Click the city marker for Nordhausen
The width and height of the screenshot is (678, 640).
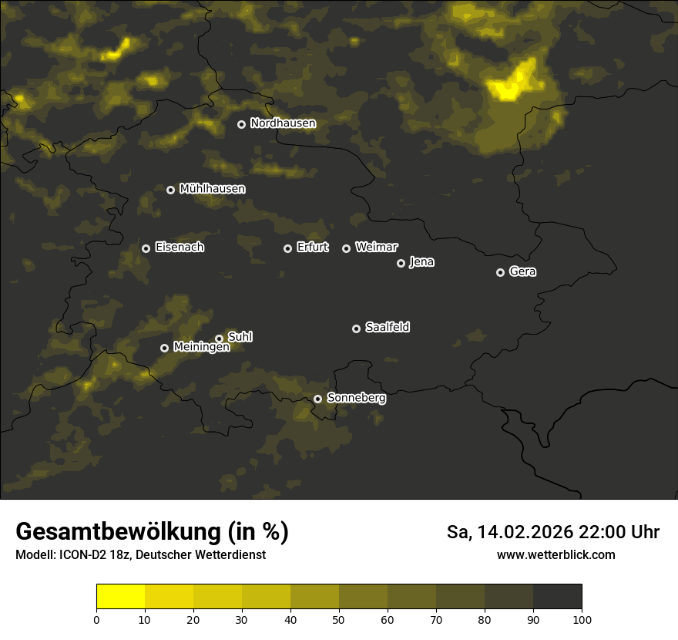[241, 124]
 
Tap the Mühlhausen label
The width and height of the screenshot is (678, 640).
[212, 189]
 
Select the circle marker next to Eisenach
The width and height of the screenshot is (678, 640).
[146, 248]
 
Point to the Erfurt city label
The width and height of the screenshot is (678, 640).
[312, 248]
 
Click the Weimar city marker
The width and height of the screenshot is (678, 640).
[346, 248]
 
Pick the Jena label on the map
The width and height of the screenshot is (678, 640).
[421, 262]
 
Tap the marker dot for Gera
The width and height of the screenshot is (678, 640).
[500, 272]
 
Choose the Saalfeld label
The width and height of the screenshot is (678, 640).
[387, 328]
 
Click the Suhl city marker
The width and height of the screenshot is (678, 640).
[219, 339]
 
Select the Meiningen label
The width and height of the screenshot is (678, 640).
[201, 348]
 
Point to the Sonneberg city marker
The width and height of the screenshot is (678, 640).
[317, 399]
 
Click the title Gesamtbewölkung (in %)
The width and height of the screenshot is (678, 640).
[152, 532]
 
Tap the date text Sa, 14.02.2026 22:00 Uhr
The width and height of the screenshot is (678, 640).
[552, 532]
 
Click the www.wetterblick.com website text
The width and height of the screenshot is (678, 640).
[555, 555]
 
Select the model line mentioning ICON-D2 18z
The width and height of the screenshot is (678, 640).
[140, 555]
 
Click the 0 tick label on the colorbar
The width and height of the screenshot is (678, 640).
[96, 619]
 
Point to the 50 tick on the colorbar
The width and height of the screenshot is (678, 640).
[339, 619]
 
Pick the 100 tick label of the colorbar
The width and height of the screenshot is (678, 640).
[582, 619]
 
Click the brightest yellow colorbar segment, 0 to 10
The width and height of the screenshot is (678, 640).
[120, 597]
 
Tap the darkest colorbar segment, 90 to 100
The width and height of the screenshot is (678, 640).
[558, 597]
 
